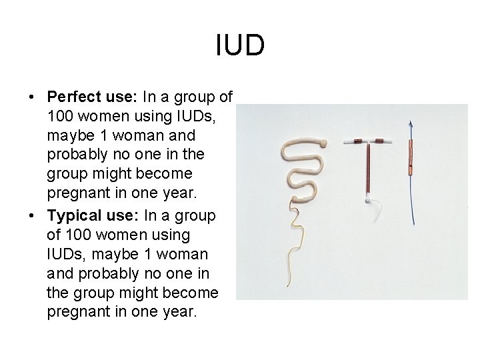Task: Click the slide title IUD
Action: click(x=240, y=45)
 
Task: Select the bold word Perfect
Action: click(x=75, y=97)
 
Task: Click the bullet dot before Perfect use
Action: click(x=31, y=97)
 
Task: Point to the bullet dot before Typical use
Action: click(x=31, y=216)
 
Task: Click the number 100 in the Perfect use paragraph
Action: click(x=61, y=116)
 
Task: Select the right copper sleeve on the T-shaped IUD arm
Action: click(x=382, y=141)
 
